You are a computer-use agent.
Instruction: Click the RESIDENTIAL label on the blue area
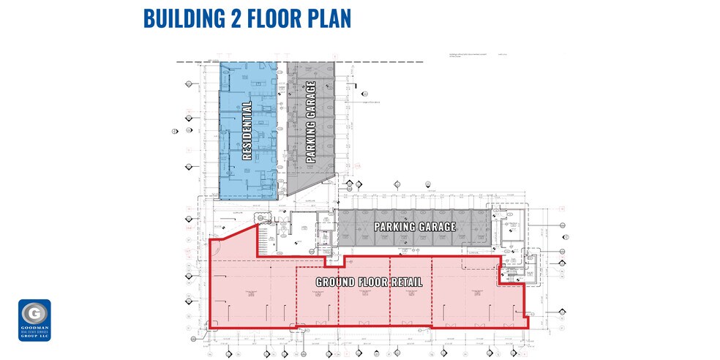pos(247,131)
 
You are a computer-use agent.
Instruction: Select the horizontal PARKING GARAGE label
pos(414,227)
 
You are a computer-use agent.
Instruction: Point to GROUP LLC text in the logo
pos(34,337)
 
